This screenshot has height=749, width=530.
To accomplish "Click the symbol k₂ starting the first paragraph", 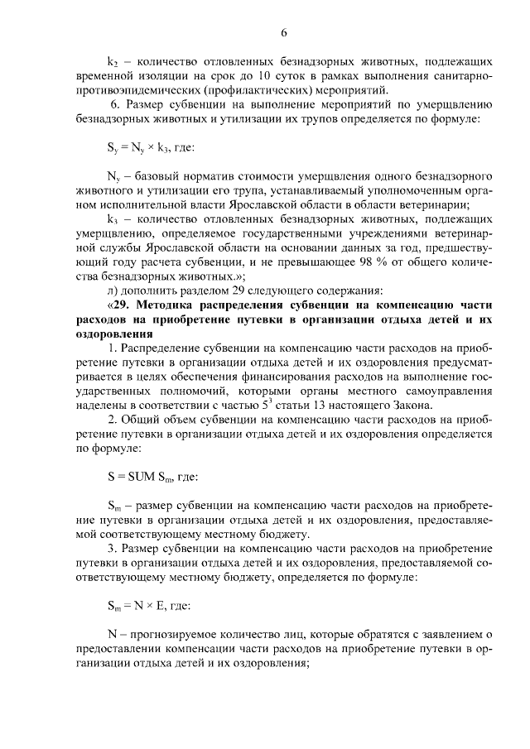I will coord(113,62).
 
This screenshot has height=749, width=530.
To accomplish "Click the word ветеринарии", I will coord(440,206).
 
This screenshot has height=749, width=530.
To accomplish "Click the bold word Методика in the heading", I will coord(166,305).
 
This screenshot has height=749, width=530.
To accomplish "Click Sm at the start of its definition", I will coord(114,505).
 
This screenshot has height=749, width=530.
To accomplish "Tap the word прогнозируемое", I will coord(171,635).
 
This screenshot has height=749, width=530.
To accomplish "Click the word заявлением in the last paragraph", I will coord(455,635).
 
